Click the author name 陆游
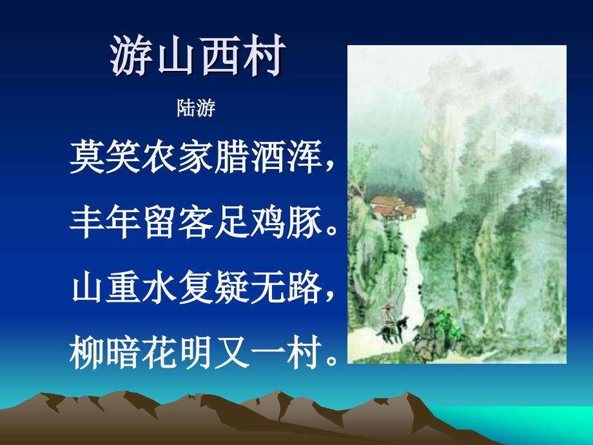coord(196,108)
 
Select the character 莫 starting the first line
coord(88,157)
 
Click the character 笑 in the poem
coord(124,157)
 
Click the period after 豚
coord(331,231)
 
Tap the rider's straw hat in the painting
coord(387,307)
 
